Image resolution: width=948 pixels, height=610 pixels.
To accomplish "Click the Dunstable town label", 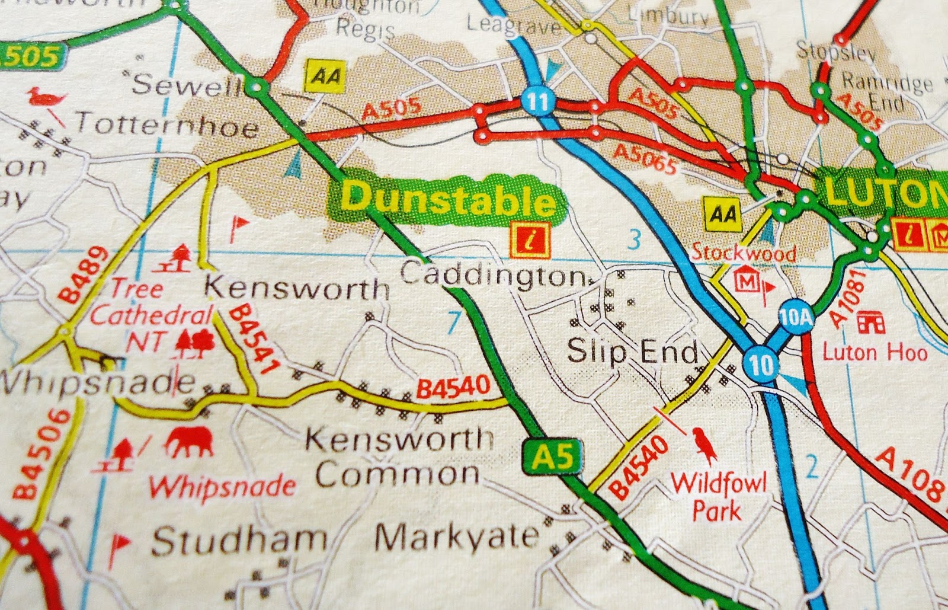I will [x=449, y=197].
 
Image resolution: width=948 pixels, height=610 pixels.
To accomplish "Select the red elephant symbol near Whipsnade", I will [x=189, y=442].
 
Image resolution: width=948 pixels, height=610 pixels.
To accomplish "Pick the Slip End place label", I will [x=633, y=352].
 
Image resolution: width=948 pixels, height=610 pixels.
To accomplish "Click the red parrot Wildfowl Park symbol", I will [x=704, y=446].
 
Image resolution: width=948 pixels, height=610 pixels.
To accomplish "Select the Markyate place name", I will [x=456, y=538].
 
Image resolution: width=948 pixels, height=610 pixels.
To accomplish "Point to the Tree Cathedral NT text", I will [x=151, y=315].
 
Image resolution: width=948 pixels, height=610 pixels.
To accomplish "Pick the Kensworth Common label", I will [x=398, y=456].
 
